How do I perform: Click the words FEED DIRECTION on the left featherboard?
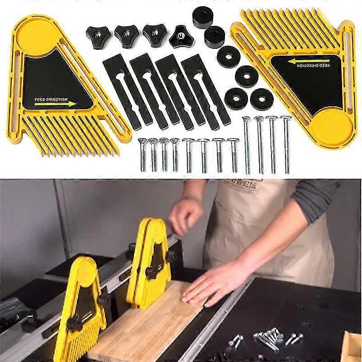pos(51,99)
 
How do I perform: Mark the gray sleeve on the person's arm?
pos(317,199)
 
